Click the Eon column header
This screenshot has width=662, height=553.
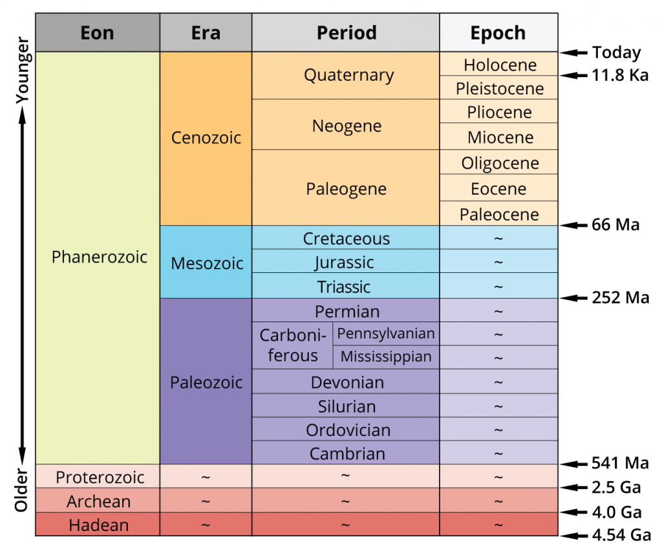[x=98, y=33]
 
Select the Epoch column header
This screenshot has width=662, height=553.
[x=498, y=33]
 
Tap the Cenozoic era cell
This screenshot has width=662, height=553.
[x=206, y=138]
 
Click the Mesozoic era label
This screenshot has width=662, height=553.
[x=207, y=263]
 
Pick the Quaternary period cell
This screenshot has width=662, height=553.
[x=348, y=75]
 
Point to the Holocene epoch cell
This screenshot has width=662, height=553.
[x=499, y=65]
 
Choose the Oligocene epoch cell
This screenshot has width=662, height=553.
[x=499, y=163]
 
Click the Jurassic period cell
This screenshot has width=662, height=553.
[x=345, y=263]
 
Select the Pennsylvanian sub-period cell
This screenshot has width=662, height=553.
[x=386, y=334]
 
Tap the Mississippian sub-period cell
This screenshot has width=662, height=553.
[x=386, y=356]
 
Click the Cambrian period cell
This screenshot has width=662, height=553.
[x=347, y=453]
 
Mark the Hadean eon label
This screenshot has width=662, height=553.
[x=99, y=525]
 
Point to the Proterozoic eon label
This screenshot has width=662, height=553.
[x=99, y=477]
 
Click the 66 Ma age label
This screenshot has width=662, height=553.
[x=615, y=225]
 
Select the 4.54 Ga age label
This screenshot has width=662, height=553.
[x=619, y=536]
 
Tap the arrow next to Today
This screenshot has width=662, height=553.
[x=573, y=53]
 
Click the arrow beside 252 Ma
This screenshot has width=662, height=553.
[x=573, y=298]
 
